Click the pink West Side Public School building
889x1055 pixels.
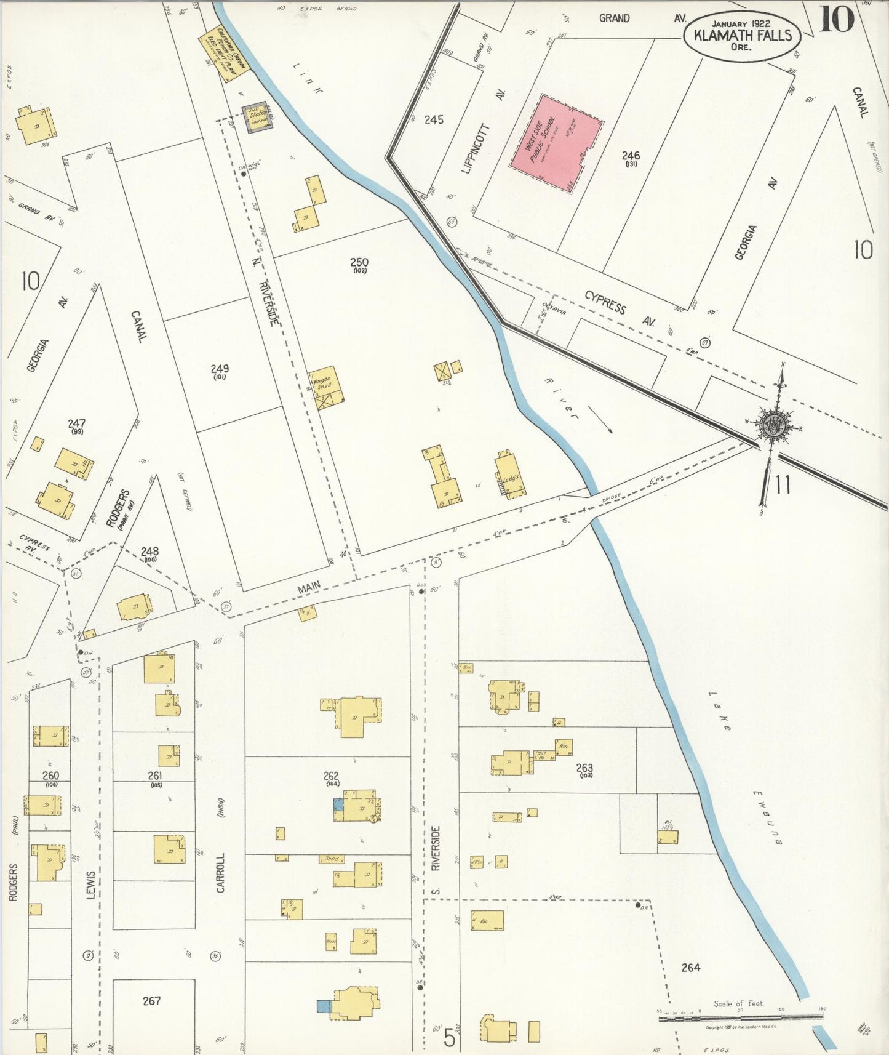tap(556, 144)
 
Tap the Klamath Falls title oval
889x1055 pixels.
tap(742, 36)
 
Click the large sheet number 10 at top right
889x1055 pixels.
tap(837, 18)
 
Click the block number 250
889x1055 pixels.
tap(359, 263)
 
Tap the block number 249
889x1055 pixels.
tap(220, 369)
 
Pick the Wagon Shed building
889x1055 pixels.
tap(326, 388)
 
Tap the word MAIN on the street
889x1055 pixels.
tap(309, 588)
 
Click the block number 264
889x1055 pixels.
tap(690, 968)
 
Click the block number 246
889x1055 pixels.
tap(631, 156)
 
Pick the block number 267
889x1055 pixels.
tap(151, 1000)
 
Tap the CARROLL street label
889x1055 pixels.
tap(220, 872)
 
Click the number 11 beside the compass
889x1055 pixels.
tap(783, 486)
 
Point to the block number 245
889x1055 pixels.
tap(434, 119)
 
